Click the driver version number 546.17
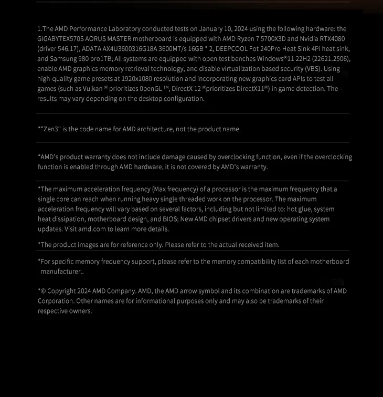(67, 49)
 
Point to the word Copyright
(61, 291)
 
